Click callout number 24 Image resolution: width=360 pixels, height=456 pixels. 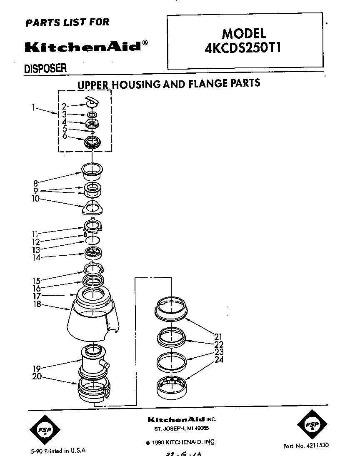[x=219, y=359]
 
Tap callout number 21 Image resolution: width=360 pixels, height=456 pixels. [x=219, y=336]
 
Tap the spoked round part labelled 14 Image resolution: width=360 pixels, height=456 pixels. [x=93, y=252]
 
